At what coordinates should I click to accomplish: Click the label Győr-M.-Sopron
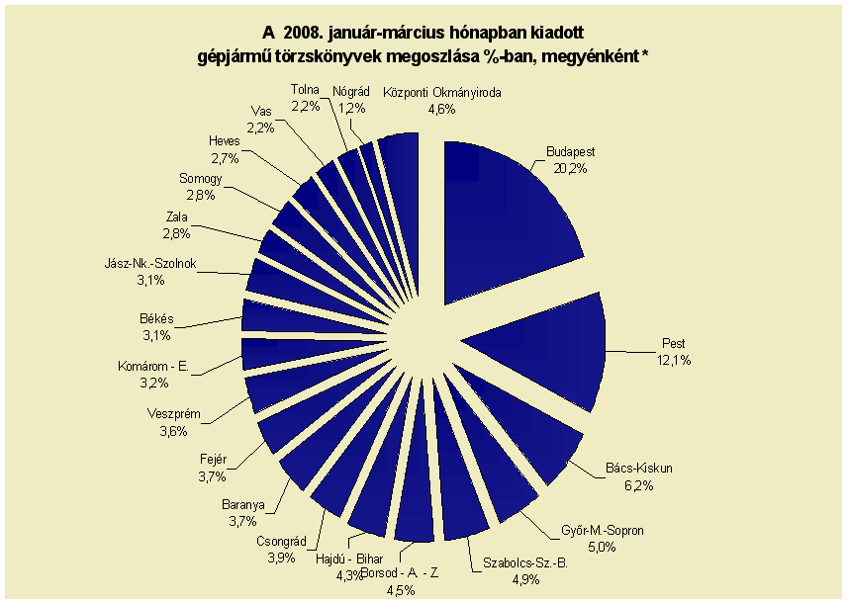(603, 530)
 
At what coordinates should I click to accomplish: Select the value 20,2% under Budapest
(570, 168)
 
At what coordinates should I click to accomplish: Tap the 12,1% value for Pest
(674, 360)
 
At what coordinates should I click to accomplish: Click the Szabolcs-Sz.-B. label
(525, 563)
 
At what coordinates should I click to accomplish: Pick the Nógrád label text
(351, 91)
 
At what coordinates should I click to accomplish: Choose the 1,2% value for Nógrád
(351, 108)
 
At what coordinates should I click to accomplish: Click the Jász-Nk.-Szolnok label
(150, 263)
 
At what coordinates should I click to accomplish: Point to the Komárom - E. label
(153, 366)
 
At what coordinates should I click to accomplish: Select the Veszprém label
(173, 414)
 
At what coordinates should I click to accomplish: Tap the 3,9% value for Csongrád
(281, 558)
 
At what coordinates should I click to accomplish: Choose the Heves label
(225, 141)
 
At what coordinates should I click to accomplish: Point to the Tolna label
(305, 89)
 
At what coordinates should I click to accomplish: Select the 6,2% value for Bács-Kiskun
(639, 485)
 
